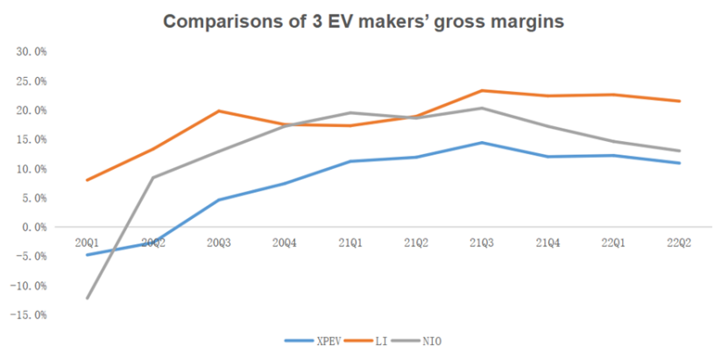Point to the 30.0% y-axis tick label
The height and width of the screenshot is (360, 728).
coord(32,52)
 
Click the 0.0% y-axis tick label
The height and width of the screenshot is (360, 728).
coord(34,227)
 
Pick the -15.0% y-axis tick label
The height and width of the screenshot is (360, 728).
coord(31,314)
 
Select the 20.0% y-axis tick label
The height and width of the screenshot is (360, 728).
coord(32,110)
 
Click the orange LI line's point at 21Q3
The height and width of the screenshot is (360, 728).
coord(481,90)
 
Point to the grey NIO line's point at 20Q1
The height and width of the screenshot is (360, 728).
coord(88,298)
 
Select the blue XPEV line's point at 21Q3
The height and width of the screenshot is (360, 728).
coord(481,142)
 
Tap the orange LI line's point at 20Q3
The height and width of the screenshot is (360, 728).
coord(218,111)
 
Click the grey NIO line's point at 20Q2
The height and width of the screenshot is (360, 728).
coord(153,178)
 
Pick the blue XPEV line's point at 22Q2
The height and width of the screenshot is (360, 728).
coord(679,163)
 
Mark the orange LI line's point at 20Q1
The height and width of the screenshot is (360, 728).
coord(88,180)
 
